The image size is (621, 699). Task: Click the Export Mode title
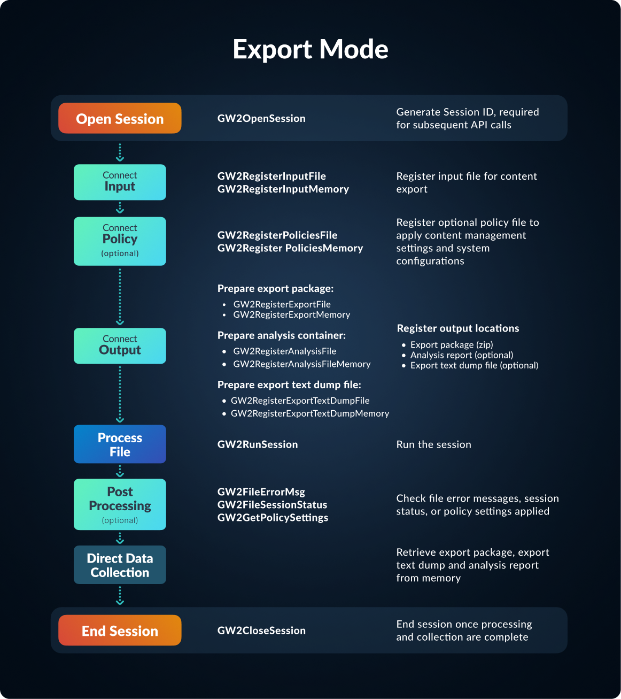310,49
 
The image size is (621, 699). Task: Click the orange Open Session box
120,118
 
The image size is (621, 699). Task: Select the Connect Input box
120,182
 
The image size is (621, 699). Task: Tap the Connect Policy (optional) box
120,241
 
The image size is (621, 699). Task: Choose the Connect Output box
120,345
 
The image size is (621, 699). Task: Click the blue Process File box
120,444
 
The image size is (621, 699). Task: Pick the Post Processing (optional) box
120,504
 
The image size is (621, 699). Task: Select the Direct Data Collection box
120,565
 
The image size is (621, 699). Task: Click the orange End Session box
120,630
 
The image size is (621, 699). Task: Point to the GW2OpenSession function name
261,118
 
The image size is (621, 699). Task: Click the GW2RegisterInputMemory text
283,189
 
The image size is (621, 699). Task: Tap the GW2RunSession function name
258,444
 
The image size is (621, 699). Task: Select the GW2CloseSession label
261,631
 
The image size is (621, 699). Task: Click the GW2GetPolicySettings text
273,518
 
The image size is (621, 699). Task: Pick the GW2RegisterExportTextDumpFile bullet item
300,401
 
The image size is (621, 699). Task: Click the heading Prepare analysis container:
282,335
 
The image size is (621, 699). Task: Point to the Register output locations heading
458,328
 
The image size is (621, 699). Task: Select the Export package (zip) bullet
452,345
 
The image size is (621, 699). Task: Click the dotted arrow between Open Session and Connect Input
120,152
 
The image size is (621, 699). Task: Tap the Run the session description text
433,444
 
